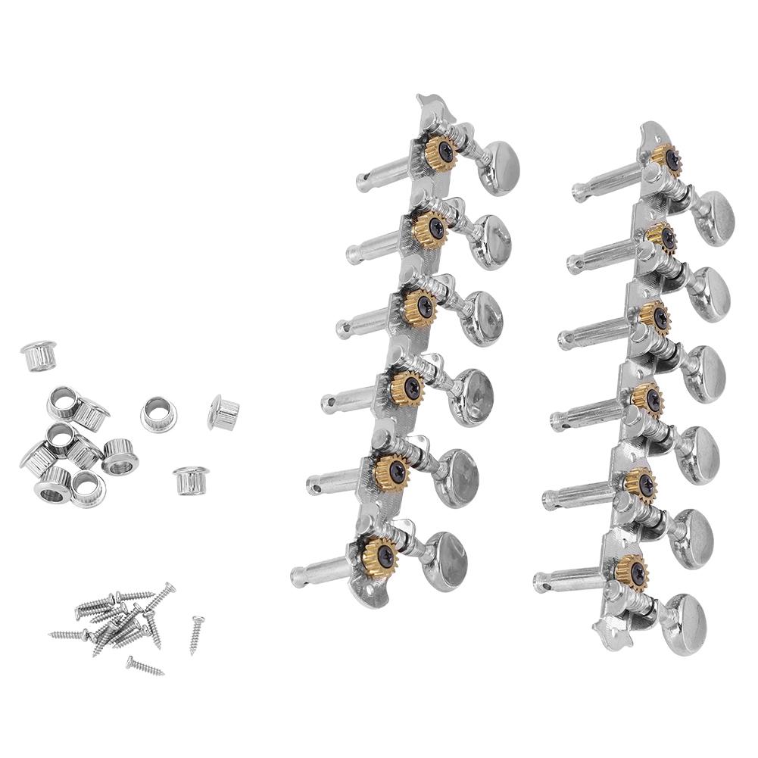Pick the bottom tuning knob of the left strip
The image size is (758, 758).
pos(446,560)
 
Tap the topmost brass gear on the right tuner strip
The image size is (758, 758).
pos(667,158)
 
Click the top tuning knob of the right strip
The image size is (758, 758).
pos(712,217)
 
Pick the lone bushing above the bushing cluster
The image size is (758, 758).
pos(39,355)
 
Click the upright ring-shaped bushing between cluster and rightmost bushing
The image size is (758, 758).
pos(158,413)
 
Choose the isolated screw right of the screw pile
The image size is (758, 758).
pos(197,634)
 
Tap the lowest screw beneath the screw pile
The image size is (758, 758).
pos(145,666)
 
